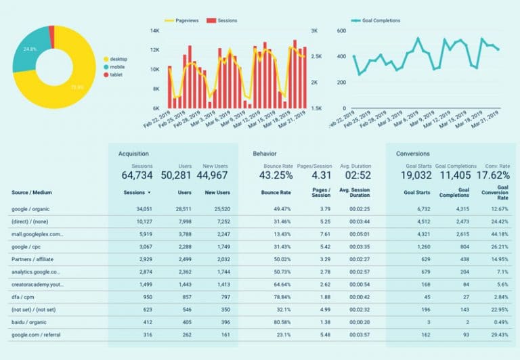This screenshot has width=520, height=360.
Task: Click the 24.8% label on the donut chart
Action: (x=30, y=49)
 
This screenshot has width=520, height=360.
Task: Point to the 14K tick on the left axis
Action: (x=154, y=31)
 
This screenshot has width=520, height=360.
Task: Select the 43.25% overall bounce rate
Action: (x=276, y=175)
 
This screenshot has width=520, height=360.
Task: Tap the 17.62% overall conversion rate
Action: (x=492, y=175)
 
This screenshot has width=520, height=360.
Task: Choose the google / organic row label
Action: (x=30, y=209)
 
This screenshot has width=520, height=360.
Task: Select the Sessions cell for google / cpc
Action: (x=142, y=246)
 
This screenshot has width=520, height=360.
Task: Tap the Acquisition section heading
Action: (x=133, y=154)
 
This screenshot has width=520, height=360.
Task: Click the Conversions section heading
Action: (x=413, y=154)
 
